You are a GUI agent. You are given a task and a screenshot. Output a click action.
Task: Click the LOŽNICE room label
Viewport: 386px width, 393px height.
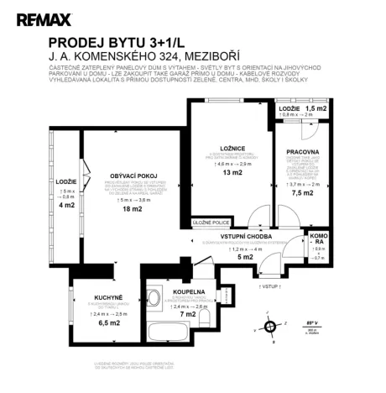(227, 147)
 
